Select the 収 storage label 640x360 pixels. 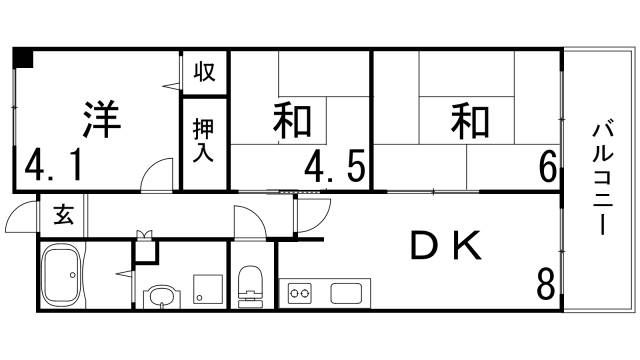(205, 72)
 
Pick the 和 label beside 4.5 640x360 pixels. (292, 122)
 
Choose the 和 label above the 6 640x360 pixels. (468, 121)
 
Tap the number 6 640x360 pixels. (548, 166)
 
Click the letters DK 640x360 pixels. (447, 243)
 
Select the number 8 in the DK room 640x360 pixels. (546, 285)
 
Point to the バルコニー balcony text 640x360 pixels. (602, 178)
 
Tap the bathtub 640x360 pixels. (69, 276)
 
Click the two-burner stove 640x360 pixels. (300, 293)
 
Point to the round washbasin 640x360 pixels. (160, 297)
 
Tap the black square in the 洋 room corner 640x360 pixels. (22, 57)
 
